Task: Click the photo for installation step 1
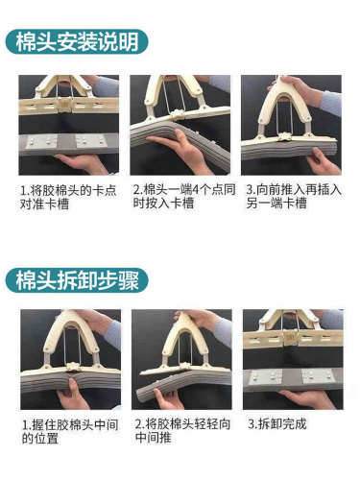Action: pyautogui.click(x=68, y=125)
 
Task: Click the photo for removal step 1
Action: pyautogui.click(x=68, y=359)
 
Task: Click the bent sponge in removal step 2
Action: pyautogui.click(x=182, y=389)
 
